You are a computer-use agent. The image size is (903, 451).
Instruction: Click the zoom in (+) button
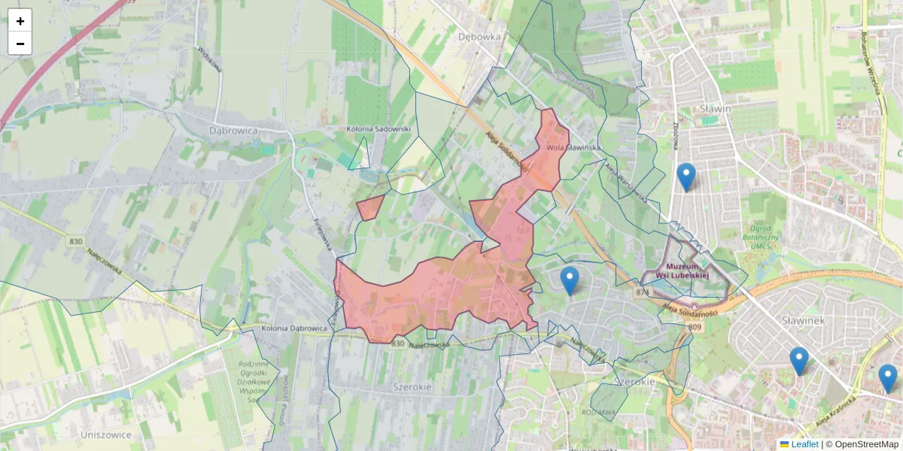pos(20,20)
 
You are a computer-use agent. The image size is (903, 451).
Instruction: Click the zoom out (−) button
pos(20,44)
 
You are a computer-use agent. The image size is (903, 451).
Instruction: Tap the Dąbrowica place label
pos(233,131)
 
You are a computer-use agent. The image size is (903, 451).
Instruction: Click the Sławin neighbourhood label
pos(715,108)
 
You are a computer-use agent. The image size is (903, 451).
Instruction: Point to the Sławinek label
pos(804,320)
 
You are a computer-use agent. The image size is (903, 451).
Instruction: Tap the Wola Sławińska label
pos(573,147)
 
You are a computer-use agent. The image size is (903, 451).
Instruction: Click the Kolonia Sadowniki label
pos(379,129)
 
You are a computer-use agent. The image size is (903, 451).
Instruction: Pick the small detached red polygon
pos(369,207)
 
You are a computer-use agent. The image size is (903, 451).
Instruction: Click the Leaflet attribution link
pos(804,444)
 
